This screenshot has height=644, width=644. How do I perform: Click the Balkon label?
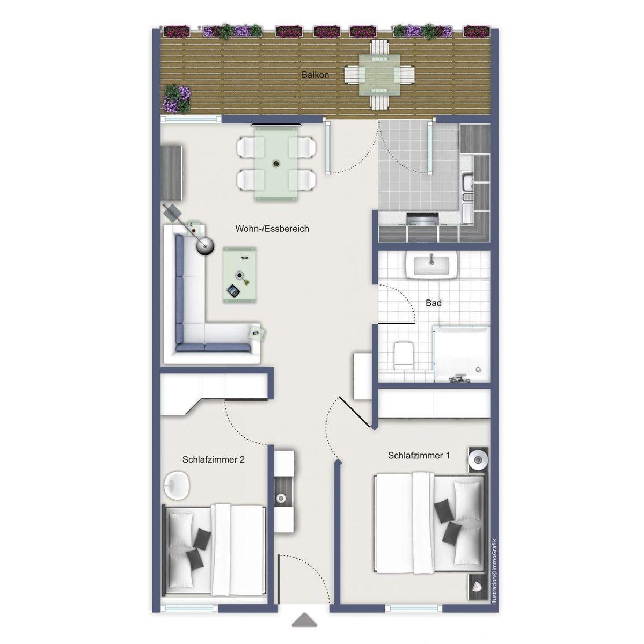(x=315, y=75)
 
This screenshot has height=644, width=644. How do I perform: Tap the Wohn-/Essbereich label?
(x=272, y=229)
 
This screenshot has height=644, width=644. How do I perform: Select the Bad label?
(x=434, y=303)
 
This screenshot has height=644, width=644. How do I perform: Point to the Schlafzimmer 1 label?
(x=419, y=456)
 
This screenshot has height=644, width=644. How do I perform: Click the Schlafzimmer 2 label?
(x=214, y=459)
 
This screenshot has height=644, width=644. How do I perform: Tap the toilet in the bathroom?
(x=402, y=354)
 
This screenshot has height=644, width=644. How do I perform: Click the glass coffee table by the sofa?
(x=240, y=275)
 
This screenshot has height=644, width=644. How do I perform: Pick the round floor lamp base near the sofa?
(x=205, y=246)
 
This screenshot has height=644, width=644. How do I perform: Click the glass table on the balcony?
(x=379, y=75)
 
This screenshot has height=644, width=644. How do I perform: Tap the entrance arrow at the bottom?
(x=304, y=620)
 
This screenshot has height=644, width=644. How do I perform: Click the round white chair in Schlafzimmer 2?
(x=177, y=485)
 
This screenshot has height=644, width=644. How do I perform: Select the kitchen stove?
(x=423, y=219)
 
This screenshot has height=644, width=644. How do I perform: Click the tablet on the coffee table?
(x=233, y=291)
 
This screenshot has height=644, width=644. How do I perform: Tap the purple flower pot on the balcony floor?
(x=177, y=98)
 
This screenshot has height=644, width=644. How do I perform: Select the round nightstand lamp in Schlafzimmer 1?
(x=477, y=459)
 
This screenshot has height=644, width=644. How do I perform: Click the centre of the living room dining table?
(x=276, y=163)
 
